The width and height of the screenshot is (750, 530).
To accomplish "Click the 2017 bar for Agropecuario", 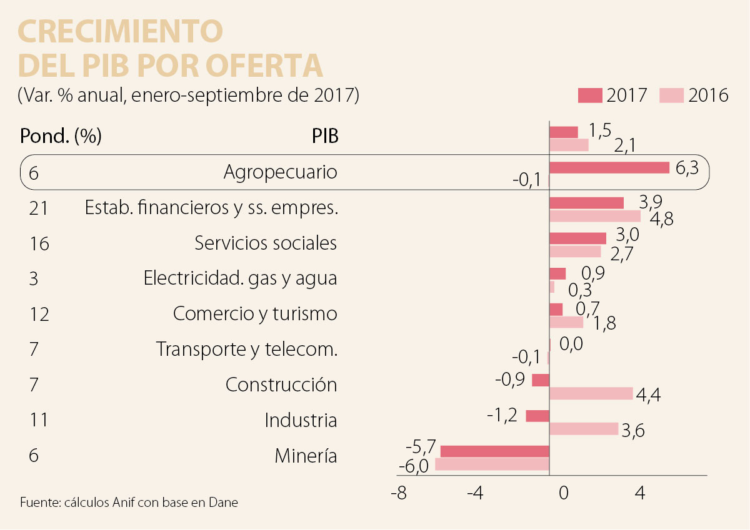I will click(x=609, y=167).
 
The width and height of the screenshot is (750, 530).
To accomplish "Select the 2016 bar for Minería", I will click(x=492, y=464).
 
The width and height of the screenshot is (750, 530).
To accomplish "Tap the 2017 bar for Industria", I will click(x=537, y=416).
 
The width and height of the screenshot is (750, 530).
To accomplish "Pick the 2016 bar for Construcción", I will click(x=591, y=393).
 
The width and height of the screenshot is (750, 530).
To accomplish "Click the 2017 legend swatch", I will click(x=590, y=96).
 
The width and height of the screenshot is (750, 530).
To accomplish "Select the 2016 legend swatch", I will click(x=672, y=96).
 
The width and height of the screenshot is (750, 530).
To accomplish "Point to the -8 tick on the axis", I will click(x=398, y=493).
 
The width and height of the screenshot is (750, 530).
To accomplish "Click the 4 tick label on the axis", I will click(x=639, y=493).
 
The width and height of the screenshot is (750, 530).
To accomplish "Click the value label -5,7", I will click(x=421, y=448).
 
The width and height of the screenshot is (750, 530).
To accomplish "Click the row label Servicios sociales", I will click(x=266, y=243).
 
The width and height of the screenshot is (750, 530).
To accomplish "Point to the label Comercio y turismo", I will click(x=255, y=313).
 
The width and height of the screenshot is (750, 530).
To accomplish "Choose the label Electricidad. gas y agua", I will click(x=240, y=278).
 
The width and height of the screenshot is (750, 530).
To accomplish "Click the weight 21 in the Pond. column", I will click(x=39, y=208).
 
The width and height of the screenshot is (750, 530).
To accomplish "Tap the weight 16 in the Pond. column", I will click(x=39, y=243).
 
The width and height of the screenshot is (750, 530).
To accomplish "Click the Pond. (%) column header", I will click(x=61, y=135).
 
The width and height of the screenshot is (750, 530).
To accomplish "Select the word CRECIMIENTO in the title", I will click(x=121, y=31).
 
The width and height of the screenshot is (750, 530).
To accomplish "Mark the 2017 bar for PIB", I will click(x=563, y=132).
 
